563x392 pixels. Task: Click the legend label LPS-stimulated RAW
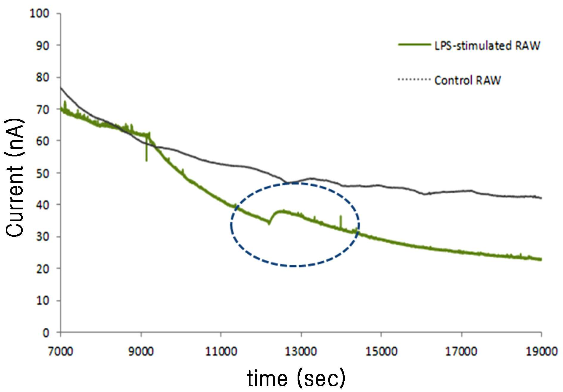(487, 46)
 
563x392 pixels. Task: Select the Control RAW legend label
(468, 80)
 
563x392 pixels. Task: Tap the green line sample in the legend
(414, 45)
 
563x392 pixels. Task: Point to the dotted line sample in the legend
(414, 79)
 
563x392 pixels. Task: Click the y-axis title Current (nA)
(14, 178)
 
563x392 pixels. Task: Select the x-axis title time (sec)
(296, 378)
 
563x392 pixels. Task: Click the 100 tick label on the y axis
(39, 13)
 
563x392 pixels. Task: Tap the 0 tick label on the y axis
(46, 333)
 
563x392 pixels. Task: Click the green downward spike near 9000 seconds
(147, 152)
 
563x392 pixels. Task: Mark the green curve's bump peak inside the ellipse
(282, 211)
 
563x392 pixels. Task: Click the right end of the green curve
(541, 259)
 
